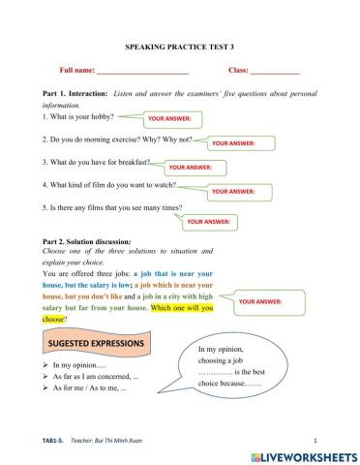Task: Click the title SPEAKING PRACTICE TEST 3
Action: click(180, 46)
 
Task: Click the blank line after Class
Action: click(276, 71)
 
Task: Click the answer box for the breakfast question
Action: click(192, 166)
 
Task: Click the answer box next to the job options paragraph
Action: click(267, 301)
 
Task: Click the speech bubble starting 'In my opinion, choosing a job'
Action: click(233, 368)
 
